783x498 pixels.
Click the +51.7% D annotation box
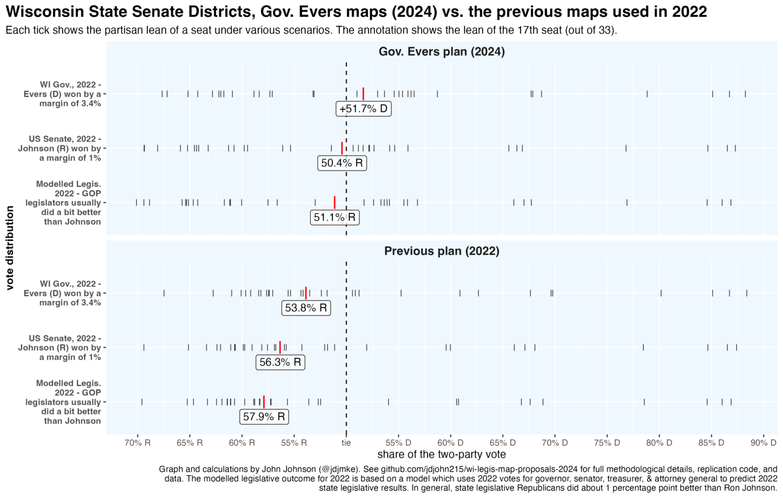coord(363,109)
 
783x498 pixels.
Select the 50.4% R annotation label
coord(342,163)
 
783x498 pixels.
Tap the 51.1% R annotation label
coord(334,218)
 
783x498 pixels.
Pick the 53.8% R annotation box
coord(306,308)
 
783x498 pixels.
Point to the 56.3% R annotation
coord(280,362)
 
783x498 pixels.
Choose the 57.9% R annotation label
coord(264,416)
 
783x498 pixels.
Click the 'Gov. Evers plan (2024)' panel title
coord(441,51)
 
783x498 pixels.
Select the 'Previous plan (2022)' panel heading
coord(441,251)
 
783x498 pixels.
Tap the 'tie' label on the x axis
coord(346,442)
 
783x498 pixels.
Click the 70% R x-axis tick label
coord(138,442)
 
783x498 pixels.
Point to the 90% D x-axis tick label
coord(763,442)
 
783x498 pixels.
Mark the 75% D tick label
coord(607,442)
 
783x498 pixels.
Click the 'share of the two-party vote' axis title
coord(441,454)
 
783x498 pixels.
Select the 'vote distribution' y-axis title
coord(10,248)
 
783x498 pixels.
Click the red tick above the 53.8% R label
coord(306,293)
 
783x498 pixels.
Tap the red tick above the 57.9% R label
coord(264,402)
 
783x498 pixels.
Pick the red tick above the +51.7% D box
coord(363,94)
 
